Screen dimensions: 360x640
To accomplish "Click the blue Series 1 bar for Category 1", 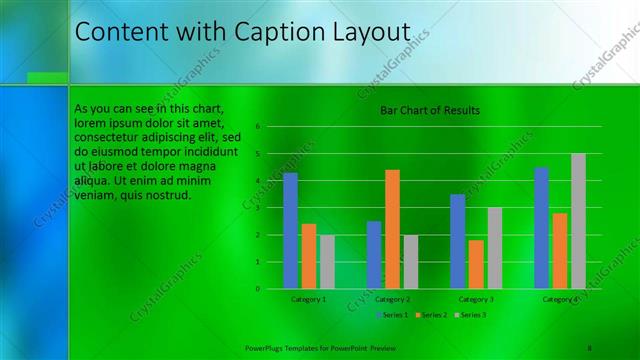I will [x=290, y=231].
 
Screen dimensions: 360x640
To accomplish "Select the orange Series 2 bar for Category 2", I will [x=392, y=229].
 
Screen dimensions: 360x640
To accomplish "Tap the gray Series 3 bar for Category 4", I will [x=578, y=221].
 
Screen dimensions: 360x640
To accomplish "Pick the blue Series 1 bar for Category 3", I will [x=457, y=241].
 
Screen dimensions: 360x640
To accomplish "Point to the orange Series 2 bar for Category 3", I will [x=476, y=264].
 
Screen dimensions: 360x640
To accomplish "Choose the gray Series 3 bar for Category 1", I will [x=327, y=262].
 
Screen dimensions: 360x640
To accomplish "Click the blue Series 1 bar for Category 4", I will [x=541, y=228].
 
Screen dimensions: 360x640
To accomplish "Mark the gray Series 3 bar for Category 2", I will [x=410, y=262].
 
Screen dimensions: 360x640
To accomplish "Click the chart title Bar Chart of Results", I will [x=430, y=110].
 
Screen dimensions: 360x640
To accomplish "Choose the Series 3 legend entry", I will [x=472, y=315].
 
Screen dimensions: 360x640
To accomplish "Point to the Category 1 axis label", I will [x=308, y=299].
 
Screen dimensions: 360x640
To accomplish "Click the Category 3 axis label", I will [x=476, y=299].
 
